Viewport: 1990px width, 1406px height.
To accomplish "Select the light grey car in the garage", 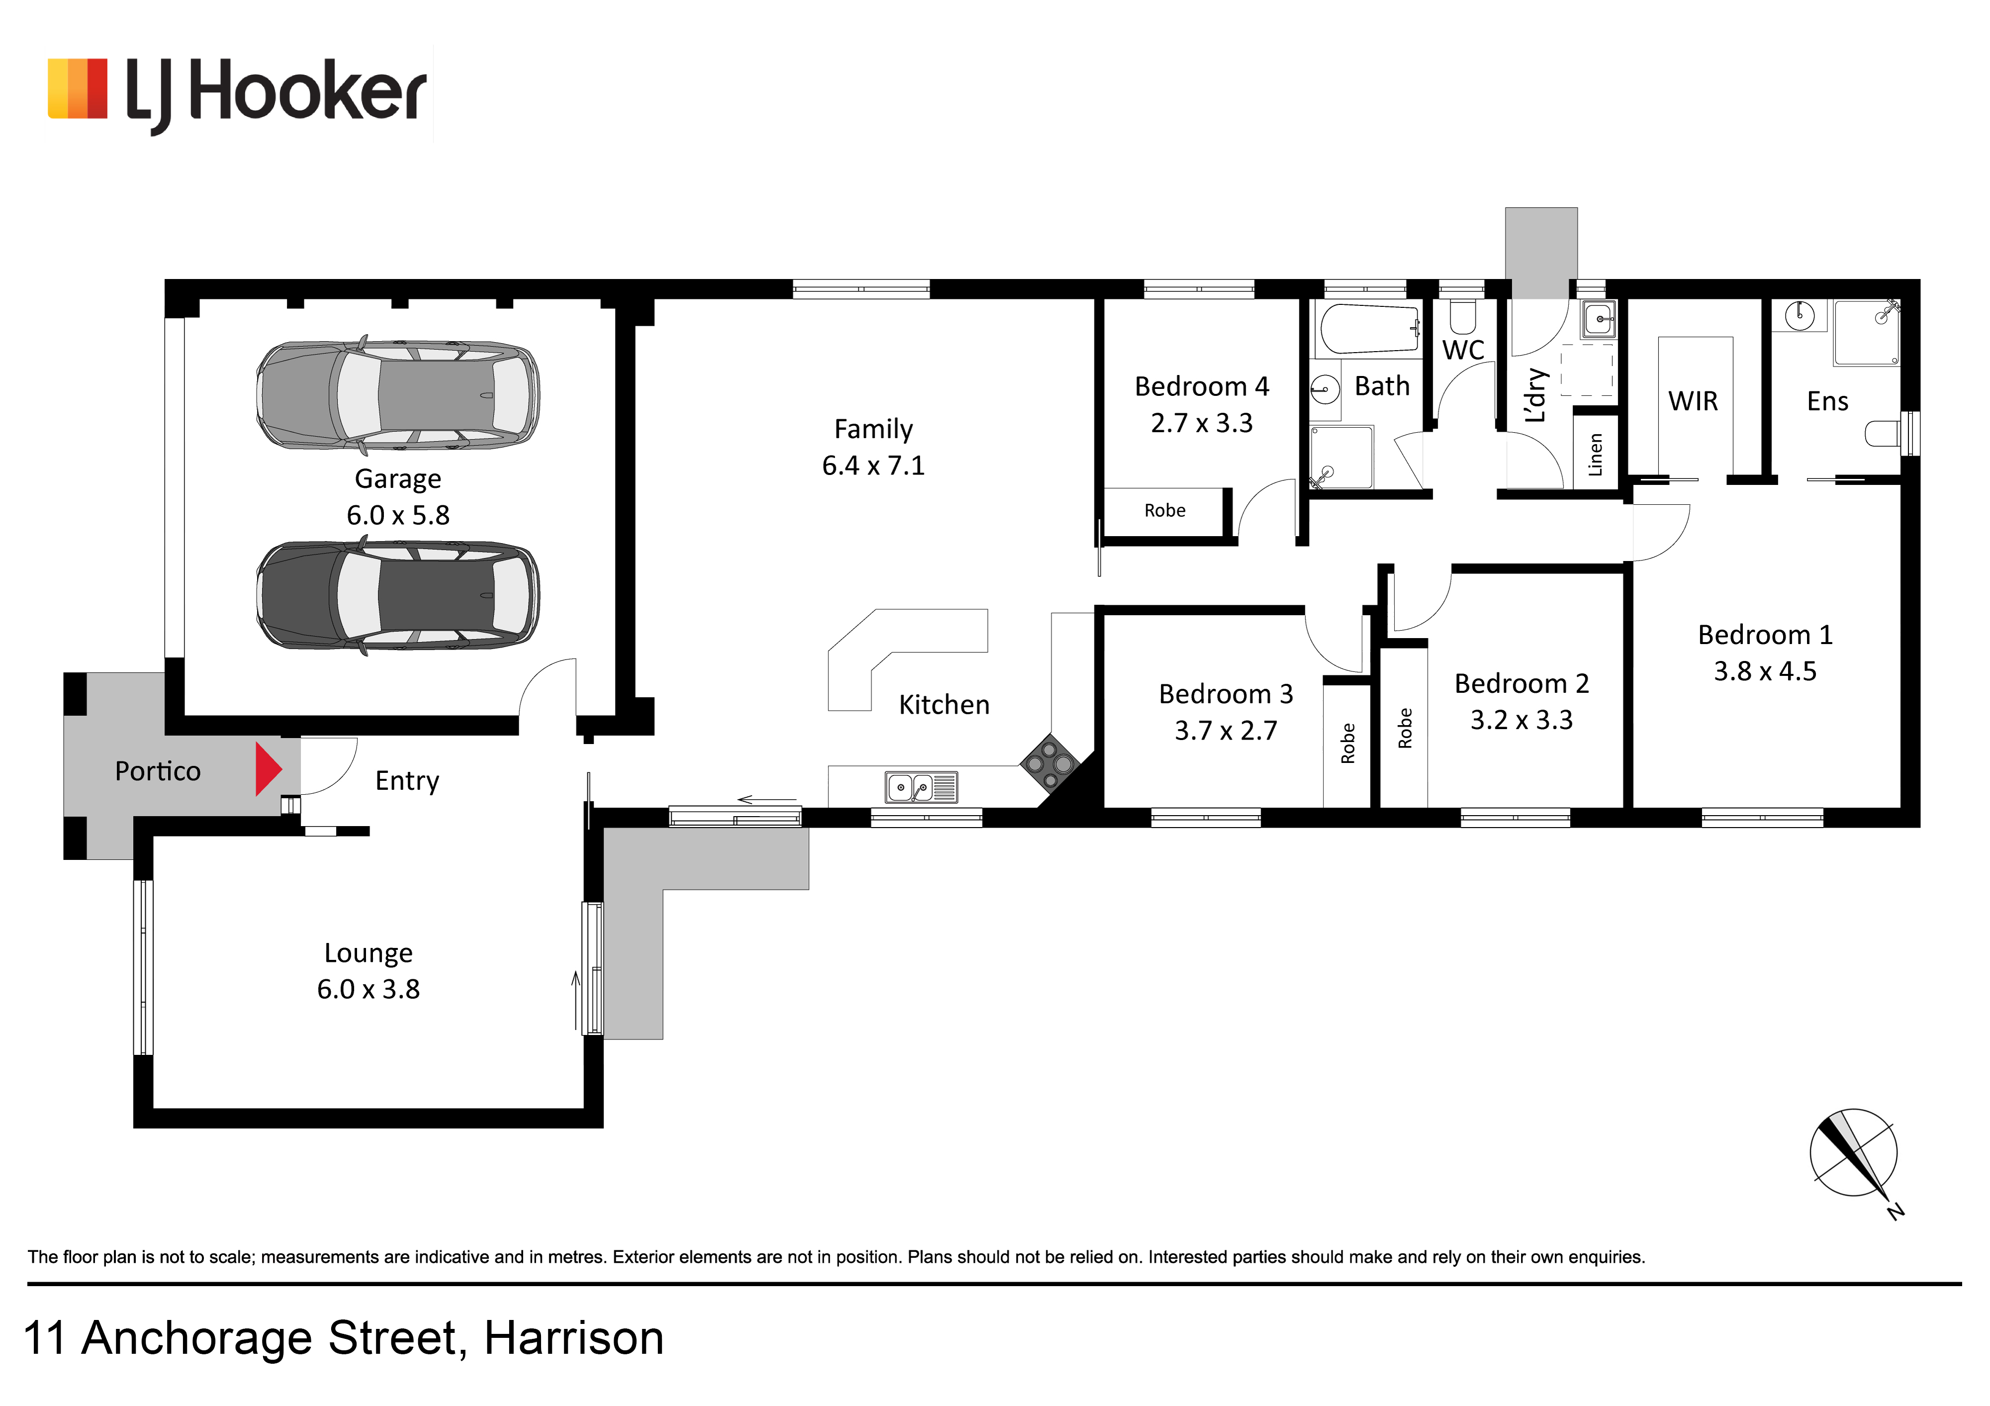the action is (398, 395).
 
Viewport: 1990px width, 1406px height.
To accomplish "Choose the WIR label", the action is (1693, 401).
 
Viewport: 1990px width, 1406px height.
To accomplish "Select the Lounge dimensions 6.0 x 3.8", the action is (368, 989).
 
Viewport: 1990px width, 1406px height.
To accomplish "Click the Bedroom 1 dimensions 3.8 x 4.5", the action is (1765, 671).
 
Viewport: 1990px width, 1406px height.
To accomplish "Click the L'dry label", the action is (1535, 395).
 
